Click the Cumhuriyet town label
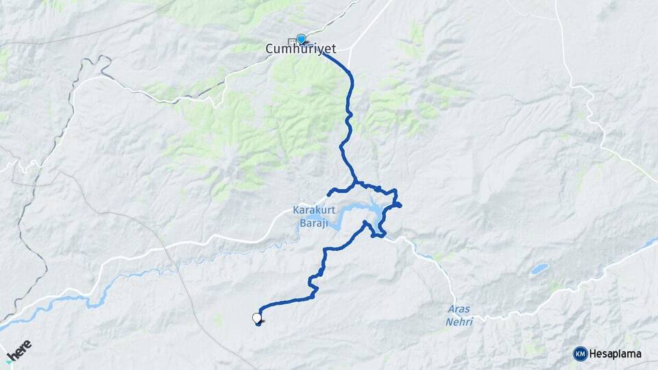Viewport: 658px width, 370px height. [295, 49]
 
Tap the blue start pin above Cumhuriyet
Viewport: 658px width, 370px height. [301, 39]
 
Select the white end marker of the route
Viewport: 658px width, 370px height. [257, 318]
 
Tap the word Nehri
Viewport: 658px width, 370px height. [459, 321]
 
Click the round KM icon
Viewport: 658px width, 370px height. [580, 354]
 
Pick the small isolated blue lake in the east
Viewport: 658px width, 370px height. [539, 269]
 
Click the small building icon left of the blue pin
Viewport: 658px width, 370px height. [293, 40]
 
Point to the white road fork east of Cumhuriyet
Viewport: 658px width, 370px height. [350, 49]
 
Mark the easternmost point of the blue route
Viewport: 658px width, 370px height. [400, 204]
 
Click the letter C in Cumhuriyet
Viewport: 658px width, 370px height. [269, 49]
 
